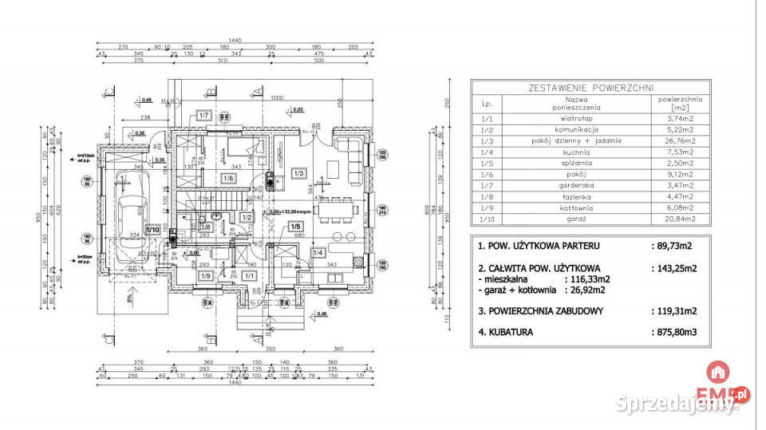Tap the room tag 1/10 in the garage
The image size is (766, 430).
point(153,231)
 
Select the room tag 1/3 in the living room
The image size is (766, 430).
point(299,173)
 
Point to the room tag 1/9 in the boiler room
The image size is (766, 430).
point(204,276)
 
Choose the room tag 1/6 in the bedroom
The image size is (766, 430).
point(228,178)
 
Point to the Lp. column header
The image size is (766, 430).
point(486,103)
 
